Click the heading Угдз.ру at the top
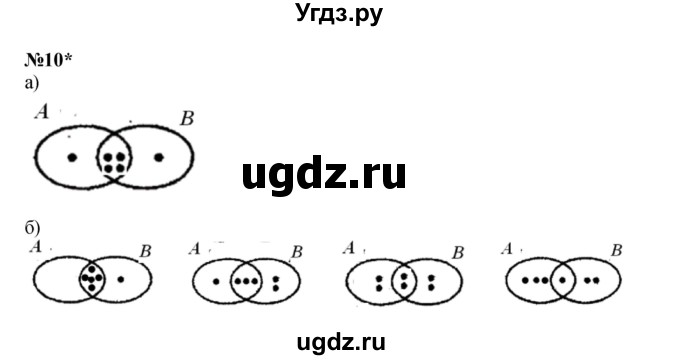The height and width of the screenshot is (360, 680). [x=339, y=14]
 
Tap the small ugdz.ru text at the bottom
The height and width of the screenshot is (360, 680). [x=339, y=340]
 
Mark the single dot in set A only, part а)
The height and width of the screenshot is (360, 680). [x=71, y=158]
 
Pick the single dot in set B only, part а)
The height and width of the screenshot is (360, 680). [x=159, y=158]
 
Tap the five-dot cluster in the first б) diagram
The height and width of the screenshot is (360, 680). [x=93, y=275]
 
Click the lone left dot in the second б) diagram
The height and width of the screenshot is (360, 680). [x=217, y=281]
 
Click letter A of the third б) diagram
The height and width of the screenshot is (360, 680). [x=347, y=247]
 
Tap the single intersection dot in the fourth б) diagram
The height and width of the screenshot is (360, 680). [x=563, y=281]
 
